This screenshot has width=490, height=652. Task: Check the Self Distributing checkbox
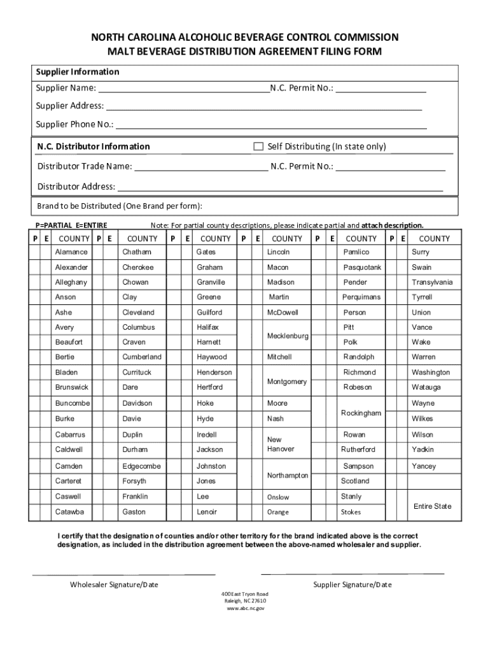click(x=258, y=146)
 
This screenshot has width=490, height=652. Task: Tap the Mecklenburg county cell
click(x=288, y=336)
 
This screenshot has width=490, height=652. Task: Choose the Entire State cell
click(x=432, y=506)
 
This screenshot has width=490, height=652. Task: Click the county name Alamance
click(x=71, y=252)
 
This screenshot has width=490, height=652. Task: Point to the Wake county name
click(x=421, y=342)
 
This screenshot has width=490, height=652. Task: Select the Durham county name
click(x=135, y=450)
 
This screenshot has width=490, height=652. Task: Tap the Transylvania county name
click(x=432, y=282)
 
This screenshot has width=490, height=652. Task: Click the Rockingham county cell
click(x=361, y=413)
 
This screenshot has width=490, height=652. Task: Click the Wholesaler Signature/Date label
click(x=114, y=585)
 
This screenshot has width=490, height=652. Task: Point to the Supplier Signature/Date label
click(x=353, y=585)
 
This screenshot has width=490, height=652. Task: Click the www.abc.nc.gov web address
click(x=245, y=608)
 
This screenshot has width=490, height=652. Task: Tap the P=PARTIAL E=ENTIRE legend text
click(x=71, y=225)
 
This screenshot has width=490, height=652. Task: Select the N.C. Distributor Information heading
click(x=94, y=146)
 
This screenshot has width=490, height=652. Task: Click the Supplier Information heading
click(x=77, y=72)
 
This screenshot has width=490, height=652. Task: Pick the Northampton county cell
click(x=288, y=476)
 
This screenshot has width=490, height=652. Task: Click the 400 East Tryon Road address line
click(x=245, y=593)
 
